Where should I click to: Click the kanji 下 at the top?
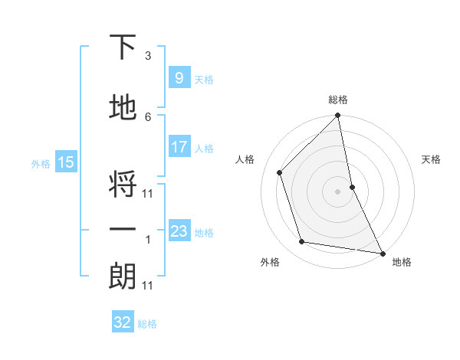pyautogui.click(x=123, y=48)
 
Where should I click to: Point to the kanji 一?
pyautogui.click(x=123, y=230)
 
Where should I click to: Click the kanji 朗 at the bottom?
pyautogui.click(x=123, y=276)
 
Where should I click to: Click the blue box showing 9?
pyautogui.click(x=179, y=78)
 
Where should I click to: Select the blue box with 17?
pyautogui.click(x=179, y=147)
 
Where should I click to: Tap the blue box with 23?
pyautogui.click(x=179, y=231)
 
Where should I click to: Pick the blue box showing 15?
pyautogui.click(x=65, y=162)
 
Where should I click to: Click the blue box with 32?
pyautogui.click(x=123, y=322)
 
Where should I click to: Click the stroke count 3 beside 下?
pyautogui.click(x=148, y=56)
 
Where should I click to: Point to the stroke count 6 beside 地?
pyautogui.click(x=148, y=116)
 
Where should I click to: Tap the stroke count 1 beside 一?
pyautogui.click(x=148, y=240)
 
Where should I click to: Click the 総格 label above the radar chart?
pyautogui.click(x=337, y=100)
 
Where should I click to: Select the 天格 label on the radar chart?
pyautogui.click(x=431, y=159)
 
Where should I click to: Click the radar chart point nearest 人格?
pyautogui.click(x=280, y=172)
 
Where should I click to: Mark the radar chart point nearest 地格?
pyautogui.click(x=381, y=252)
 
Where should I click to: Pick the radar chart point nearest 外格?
pyautogui.click(x=302, y=242)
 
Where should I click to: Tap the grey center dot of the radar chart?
pyautogui.click(x=337, y=191)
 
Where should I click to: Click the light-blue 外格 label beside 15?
pyautogui.click(x=40, y=163)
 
